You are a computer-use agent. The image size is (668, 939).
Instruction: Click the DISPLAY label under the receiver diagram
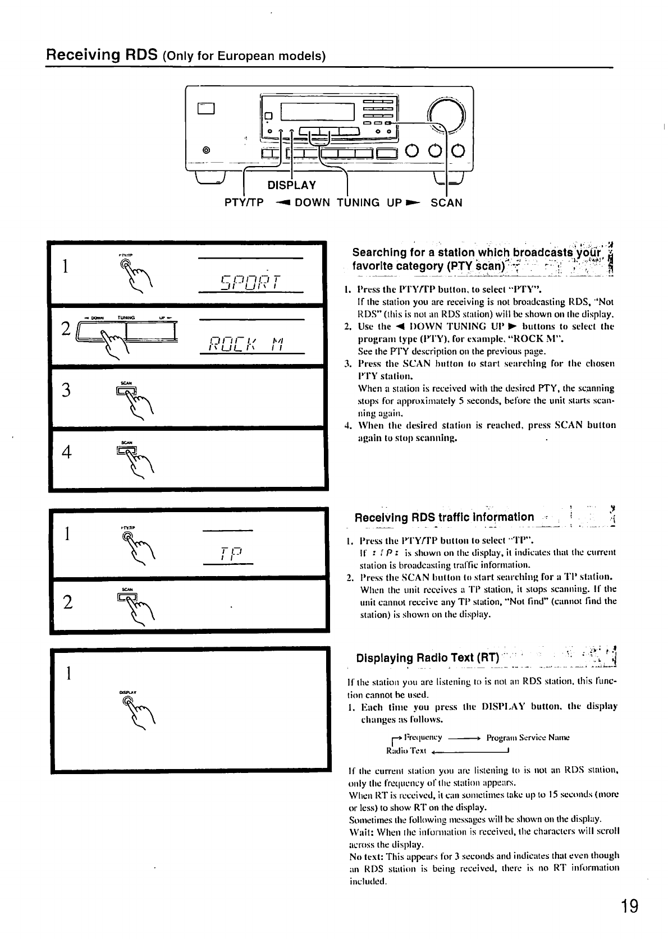tap(291, 185)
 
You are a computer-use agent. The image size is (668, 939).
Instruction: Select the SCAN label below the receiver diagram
tap(446, 202)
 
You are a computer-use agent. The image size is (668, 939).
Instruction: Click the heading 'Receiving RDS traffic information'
tap(444, 517)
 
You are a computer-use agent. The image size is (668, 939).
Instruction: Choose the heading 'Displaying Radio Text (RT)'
tap(427, 657)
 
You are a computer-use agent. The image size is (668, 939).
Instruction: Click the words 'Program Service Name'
tap(528, 738)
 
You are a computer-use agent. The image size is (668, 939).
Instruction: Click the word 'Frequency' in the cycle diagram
tap(423, 738)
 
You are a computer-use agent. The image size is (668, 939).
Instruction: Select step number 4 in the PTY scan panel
tap(66, 452)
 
